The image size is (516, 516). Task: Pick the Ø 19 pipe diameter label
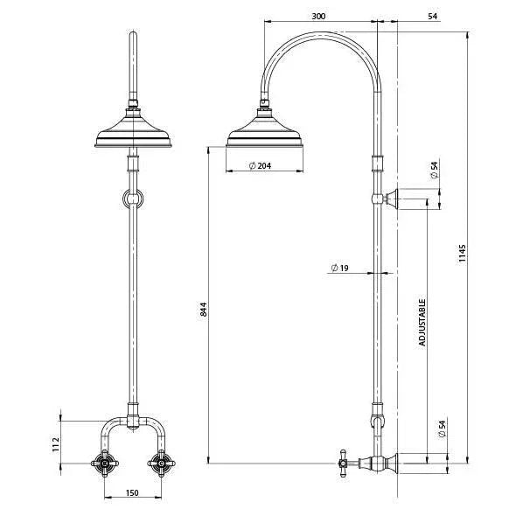(x=340, y=268)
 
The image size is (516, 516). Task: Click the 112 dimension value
(x=54, y=444)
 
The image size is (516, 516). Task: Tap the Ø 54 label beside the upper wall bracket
(x=434, y=171)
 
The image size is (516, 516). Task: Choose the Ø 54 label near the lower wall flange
(x=434, y=429)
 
